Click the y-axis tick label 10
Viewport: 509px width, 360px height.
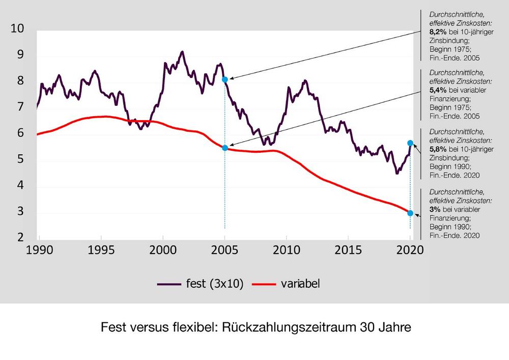[17, 29]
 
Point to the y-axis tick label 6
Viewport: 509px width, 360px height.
[20, 133]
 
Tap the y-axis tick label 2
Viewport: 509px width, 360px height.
[20, 237]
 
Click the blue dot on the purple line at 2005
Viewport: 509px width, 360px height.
[225, 79]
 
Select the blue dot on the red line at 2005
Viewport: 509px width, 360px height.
[225, 148]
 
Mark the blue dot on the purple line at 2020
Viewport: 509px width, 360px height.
[410, 143]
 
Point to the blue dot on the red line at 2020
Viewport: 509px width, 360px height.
[410, 213]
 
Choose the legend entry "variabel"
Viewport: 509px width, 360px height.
[299, 284]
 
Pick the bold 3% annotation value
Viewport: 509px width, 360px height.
[434, 209]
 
